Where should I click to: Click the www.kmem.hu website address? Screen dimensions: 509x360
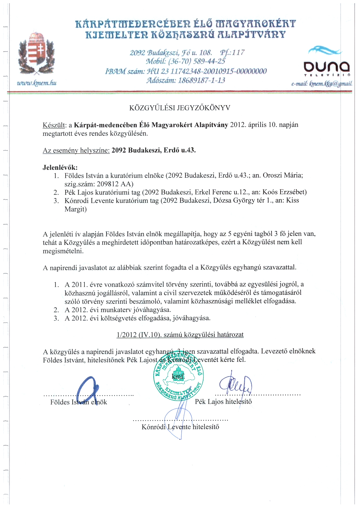pyautogui.click(x=37, y=83)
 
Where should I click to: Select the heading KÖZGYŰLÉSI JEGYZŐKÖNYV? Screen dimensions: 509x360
pyautogui.click(x=180, y=108)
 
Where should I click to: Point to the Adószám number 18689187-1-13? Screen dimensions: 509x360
pyautogui.click(x=201, y=80)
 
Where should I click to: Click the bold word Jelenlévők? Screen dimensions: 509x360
pyautogui.click(x=60, y=167)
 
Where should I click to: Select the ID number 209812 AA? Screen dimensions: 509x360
pyautogui.click(x=115, y=184)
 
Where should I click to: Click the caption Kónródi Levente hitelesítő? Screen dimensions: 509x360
pyautogui.click(x=180, y=427)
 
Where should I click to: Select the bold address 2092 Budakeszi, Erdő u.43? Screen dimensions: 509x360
pyautogui.click(x=153, y=150)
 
